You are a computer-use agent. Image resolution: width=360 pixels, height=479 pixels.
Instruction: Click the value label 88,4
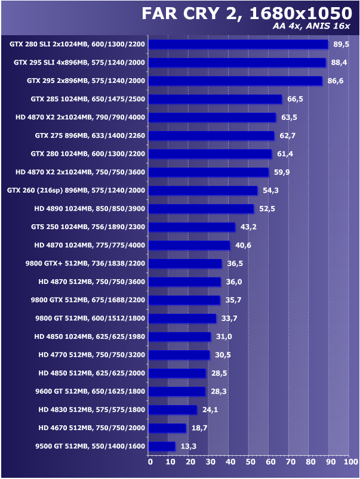(x=340, y=62)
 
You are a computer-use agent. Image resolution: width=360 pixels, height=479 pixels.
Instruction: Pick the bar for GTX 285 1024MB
(x=214, y=99)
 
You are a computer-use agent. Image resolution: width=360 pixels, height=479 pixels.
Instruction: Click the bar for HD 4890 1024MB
(x=201, y=209)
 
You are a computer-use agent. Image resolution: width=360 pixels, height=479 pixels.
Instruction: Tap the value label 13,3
(x=187, y=446)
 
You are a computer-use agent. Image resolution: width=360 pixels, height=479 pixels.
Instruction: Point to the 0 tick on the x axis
(x=150, y=461)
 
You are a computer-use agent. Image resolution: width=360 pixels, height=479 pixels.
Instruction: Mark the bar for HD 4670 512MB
(x=167, y=428)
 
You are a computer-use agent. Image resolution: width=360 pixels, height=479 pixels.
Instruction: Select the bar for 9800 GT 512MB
(x=182, y=318)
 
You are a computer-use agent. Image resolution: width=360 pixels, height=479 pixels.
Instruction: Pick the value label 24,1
(x=208, y=409)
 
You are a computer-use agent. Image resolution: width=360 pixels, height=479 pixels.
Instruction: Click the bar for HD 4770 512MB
(x=179, y=354)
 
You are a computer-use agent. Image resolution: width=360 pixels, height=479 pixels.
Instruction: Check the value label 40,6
(x=241, y=245)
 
